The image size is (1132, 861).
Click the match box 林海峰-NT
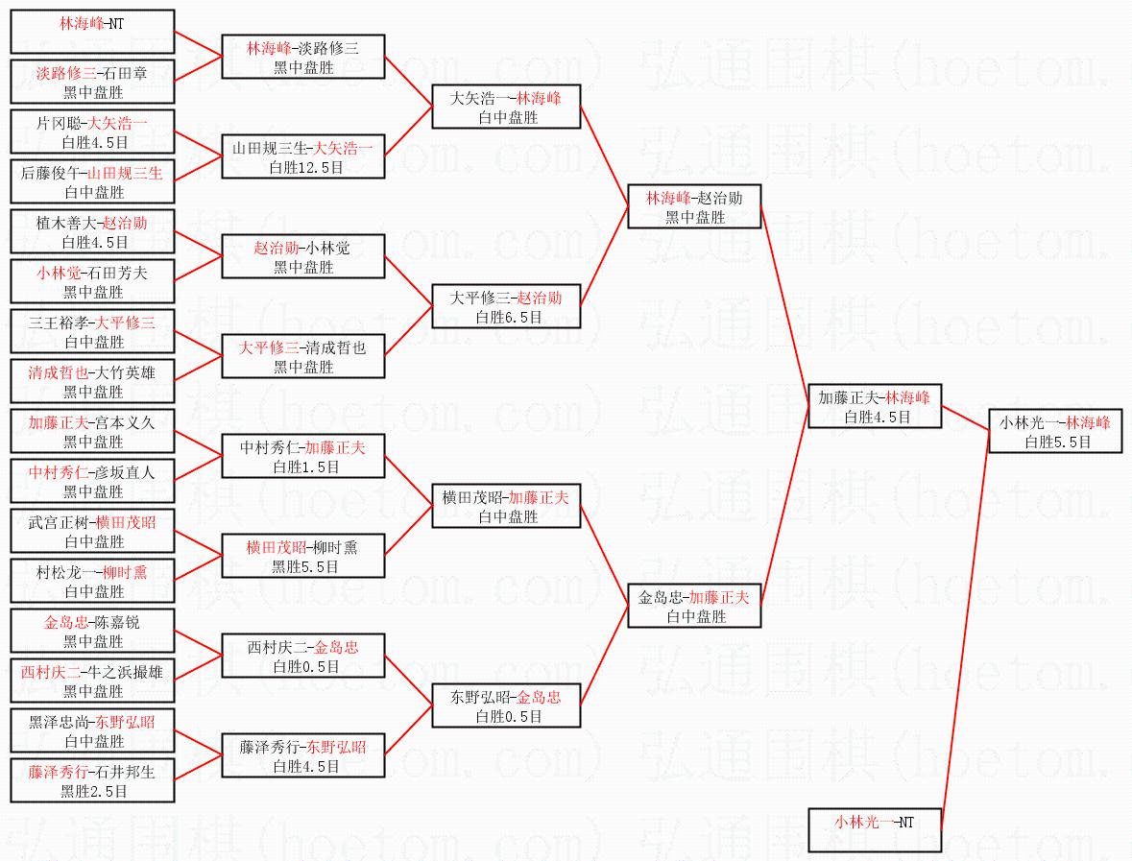(92, 32)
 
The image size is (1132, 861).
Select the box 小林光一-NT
(875, 830)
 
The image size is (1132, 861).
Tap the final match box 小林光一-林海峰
(1055, 432)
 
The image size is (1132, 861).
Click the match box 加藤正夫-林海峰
(875, 406)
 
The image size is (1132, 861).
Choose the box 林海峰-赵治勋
(694, 207)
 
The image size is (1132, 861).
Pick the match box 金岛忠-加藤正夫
(694, 607)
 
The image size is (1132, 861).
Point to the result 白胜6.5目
(508, 317)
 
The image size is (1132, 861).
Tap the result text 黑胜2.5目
(93, 791)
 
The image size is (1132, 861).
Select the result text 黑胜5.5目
(304, 566)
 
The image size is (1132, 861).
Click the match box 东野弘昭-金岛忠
(506, 706)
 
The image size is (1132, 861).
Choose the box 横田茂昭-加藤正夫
(506, 506)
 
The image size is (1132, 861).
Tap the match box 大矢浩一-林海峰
(506, 107)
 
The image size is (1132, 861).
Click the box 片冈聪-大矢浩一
(92, 132)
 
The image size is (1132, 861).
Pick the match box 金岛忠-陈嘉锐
(92, 631)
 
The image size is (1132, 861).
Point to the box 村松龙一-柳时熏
(92, 581)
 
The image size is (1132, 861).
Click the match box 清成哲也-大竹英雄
(92, 381)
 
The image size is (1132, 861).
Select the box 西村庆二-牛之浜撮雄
(92, 681)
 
